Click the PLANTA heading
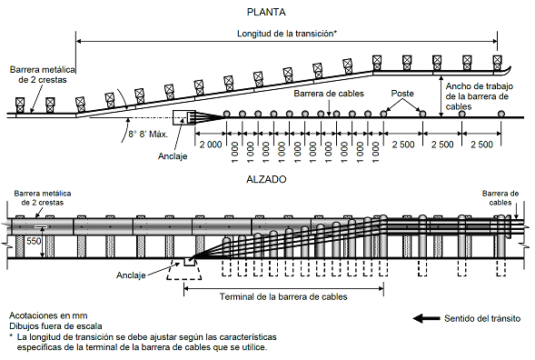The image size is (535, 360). click(x=266, y=13)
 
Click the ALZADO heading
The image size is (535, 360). click(x=266, y=179)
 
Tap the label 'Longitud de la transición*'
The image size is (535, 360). click(x=287, y=34)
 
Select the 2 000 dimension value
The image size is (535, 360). click(x=211, y=145)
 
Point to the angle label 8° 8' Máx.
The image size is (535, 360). click(x=148, y=135)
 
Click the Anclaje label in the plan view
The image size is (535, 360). click(x=173, y=156)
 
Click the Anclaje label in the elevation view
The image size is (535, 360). click(x=131, y=275)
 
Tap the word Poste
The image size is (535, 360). click(x=402, y=94)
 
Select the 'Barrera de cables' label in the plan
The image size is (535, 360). click(x=329, y=94)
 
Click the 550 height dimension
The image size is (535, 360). click(x=34, y=241)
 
